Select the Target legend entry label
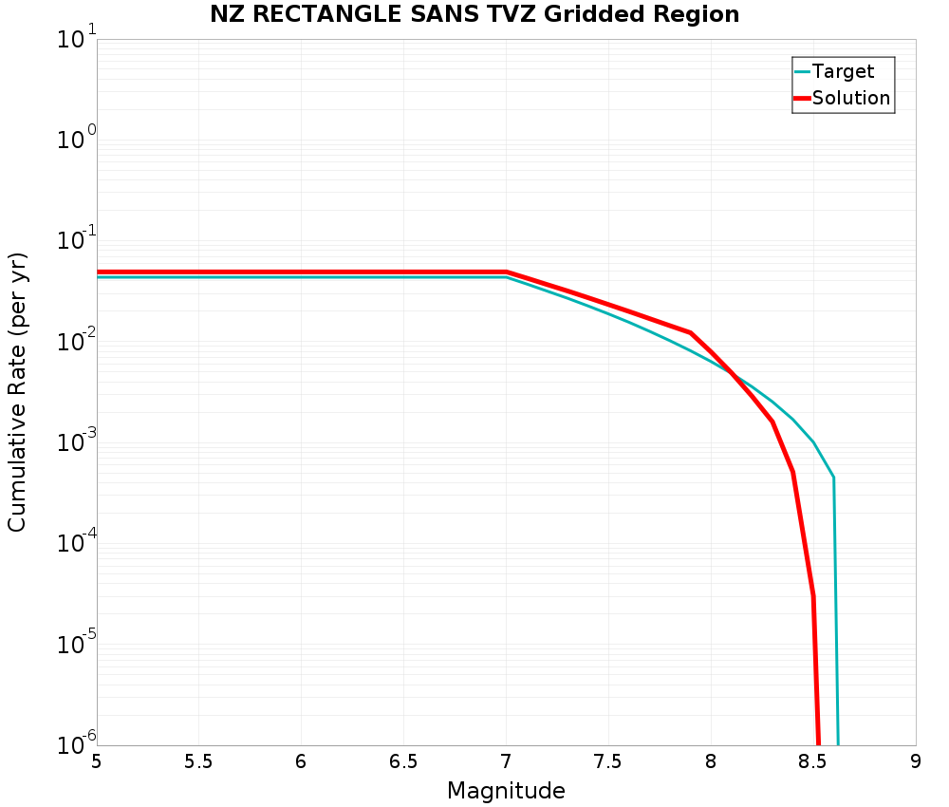tap(843, 71)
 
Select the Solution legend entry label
tap(851, 98)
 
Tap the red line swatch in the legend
tap(802, 98)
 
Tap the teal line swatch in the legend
tap(802, 71)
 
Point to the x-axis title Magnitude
tap(506, 791)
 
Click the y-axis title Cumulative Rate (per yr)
tap(17, 392)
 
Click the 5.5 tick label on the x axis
tap(198, 762)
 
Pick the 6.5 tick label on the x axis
tap(403, 762)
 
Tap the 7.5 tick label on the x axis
tap(607, 762)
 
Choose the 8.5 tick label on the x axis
tap(812, 762)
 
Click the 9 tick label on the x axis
tap(916, 762)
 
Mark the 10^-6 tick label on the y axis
tap(77, 742)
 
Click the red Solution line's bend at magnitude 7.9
tap(690, 332)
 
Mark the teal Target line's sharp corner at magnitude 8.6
tap(833, 477)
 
